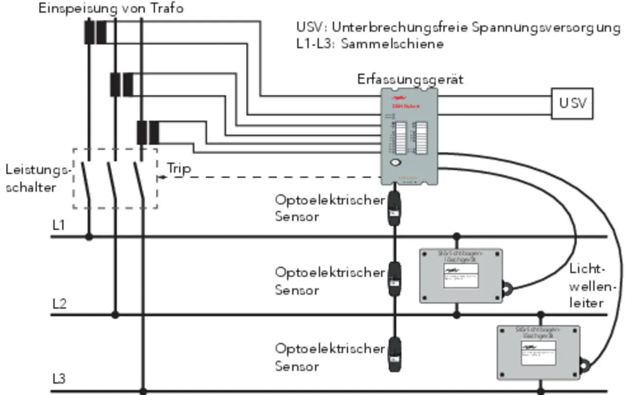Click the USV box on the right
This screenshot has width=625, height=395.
[x=572, y=103]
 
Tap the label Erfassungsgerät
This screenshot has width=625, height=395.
[x=410, y=79]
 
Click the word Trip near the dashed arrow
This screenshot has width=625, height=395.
[x=179, y=168]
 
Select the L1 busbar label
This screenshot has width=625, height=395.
[x=59, y=225]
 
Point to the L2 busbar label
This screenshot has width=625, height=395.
[x=59, y=303]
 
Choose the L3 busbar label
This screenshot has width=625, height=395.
[x=59, y=379]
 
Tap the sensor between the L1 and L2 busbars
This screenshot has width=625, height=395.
[x=394, y=279]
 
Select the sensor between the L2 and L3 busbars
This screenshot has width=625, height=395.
[x=394, y=355]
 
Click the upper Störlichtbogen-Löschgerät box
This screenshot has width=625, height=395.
[x=461, y=275]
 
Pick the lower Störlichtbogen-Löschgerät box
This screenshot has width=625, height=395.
[x=538, y=352]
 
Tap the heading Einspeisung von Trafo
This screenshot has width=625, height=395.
[x=111, y=8]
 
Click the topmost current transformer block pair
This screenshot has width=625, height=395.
[x=95, y=32]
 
